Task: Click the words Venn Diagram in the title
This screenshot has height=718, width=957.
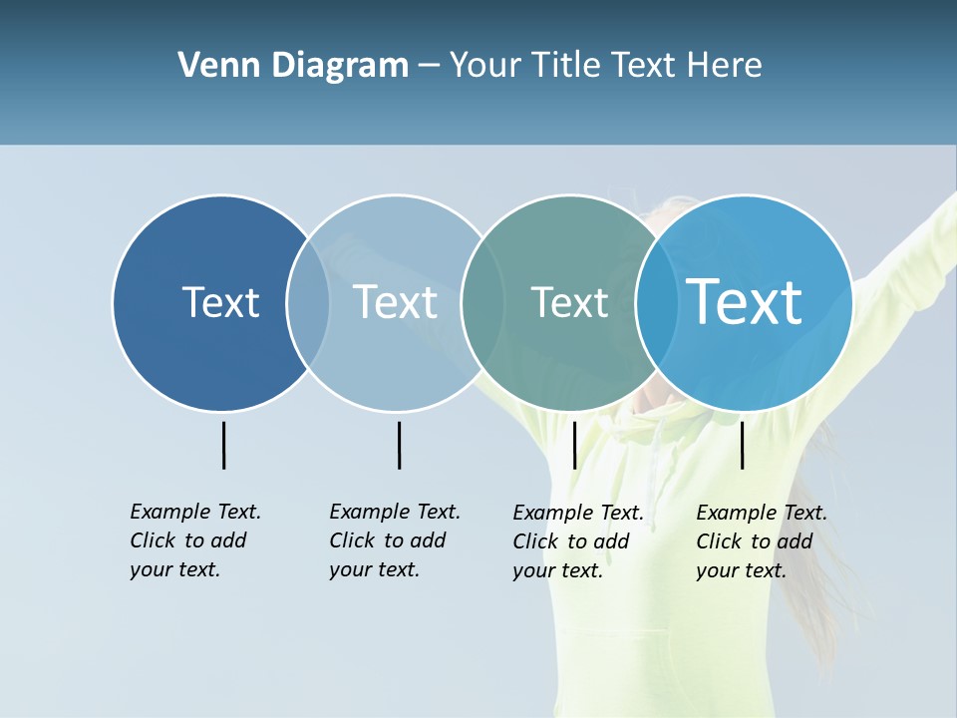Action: [x=293, y=66]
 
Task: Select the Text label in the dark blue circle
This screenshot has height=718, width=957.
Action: [x=220, y=302]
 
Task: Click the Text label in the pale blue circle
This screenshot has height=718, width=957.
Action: [x=395, y=302]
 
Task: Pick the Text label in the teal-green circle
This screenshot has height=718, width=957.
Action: [x=569, y=302]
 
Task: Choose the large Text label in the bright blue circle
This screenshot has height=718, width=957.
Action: [x=744, y=302]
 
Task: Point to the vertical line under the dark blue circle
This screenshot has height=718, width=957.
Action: [x=223, y=445]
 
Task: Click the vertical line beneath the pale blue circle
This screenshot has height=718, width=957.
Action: [x=399, y=445]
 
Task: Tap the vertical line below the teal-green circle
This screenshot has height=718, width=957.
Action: [x=574, y=445]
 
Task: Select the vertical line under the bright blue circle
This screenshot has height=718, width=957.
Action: [x=742, y=445]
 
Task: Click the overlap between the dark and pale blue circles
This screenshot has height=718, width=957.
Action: [x=308, y=302]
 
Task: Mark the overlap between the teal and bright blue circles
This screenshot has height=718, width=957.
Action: [x=652, y=302]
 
